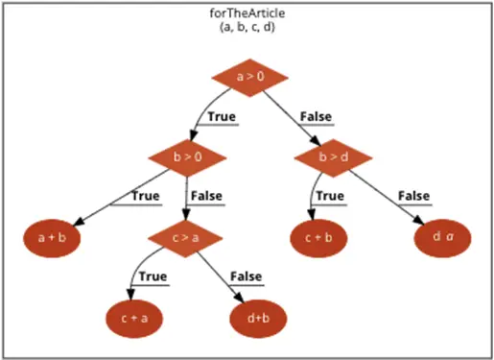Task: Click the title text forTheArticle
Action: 247,15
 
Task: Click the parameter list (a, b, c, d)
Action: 247,30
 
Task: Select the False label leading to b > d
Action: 317,117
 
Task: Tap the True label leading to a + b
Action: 145,196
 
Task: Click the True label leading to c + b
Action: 328,196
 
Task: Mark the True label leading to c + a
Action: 153,276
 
